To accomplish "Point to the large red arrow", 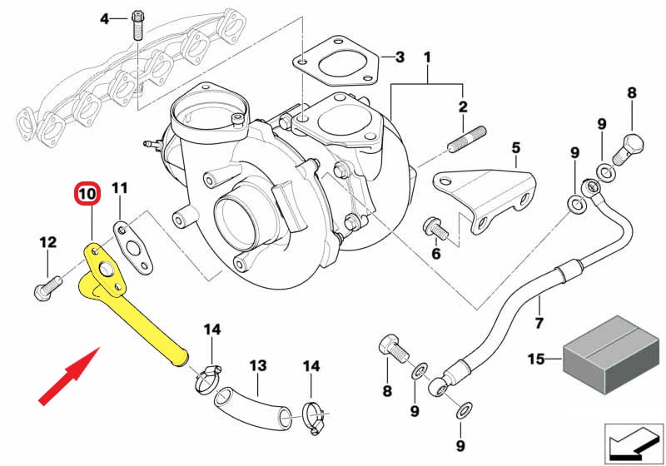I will pyautogui.click(x=71, y=376).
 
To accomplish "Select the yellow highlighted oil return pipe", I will pyautogui.click(x=137, y=316).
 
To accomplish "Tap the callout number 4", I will pyautogui.click(x=104, y=18).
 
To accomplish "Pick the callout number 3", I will pyautogui.click(x=400, y=57).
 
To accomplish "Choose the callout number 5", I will pyautogui.click(x=515, y=149).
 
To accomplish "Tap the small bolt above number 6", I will pyautogui.click(x=434, y=226).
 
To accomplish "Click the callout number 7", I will pyautogui.click(x=539, y=323).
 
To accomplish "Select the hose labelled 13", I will pyautogui.click(x=250, y=404).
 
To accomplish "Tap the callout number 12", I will pyautogui.click(x=47, y=242).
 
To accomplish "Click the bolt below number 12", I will pyautogui.click(x=46, y=287).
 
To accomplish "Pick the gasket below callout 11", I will pyautogui.click(x=134, y=246).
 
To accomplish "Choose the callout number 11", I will pyautogui.click(x=120, y=188).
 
